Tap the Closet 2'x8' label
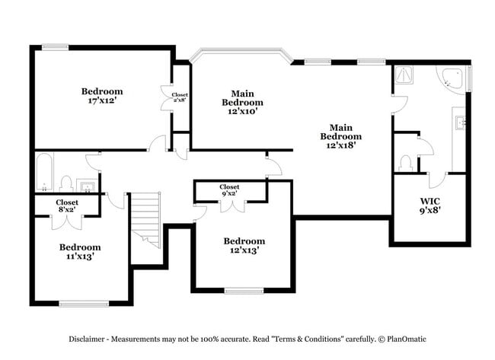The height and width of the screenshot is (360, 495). (180, 97)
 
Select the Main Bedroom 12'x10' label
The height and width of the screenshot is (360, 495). (242, 101)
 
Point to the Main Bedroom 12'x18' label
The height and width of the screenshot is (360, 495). (340, 135)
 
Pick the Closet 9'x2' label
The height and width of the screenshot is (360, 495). (229, 190)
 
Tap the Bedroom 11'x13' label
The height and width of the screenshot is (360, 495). (80, 252)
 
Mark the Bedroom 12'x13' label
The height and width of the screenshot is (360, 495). (244, 246)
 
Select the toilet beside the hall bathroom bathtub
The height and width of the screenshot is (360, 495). (66, 184)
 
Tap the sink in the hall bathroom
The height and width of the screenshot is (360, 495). (87, 186)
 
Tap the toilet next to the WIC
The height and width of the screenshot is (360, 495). (405, 162)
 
